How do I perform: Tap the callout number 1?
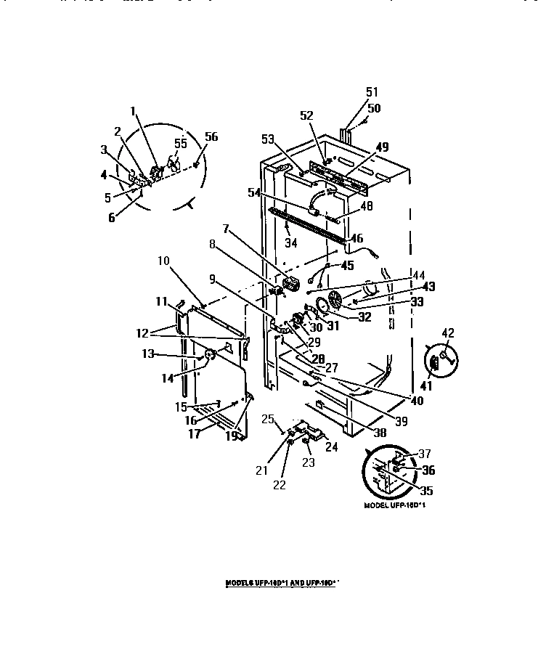[133, 110]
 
